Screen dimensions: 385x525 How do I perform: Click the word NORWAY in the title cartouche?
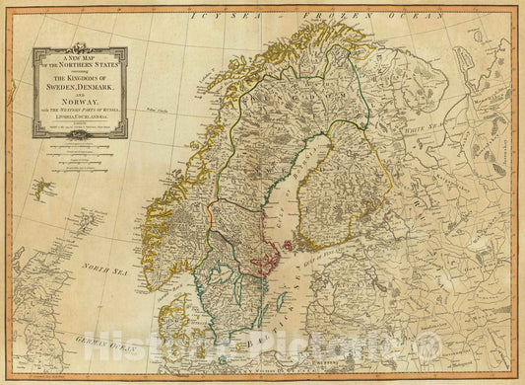click(x=79, y=97)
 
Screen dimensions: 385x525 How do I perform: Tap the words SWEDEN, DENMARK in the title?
click(x=79, y=81)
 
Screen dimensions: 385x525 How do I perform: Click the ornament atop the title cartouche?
click(x=79, y=44)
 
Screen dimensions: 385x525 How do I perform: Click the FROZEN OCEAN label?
click(x=340, y=16)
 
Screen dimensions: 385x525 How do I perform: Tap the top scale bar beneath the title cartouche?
click(x=79, y=144)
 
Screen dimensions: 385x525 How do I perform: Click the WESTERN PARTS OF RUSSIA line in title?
click(x=79, y=107)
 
